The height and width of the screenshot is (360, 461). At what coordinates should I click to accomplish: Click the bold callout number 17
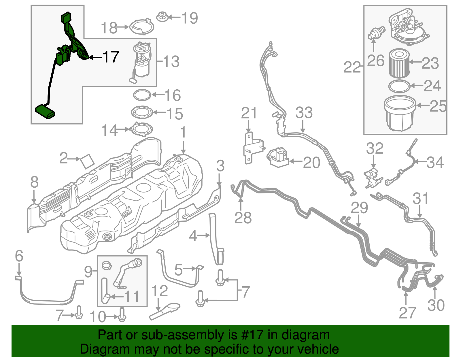click(111, 57)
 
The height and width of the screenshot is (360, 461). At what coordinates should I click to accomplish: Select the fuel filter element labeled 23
click(399, 63)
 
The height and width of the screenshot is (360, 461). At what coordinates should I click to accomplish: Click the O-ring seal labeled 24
click(399, 86)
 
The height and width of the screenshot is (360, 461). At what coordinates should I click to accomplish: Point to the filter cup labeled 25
click(400, 114)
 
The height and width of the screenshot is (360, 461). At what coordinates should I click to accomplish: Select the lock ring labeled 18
click(141, 27)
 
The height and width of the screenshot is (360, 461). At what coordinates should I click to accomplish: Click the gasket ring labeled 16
click(142, 95)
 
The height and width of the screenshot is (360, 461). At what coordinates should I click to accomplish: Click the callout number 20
click(311, 163)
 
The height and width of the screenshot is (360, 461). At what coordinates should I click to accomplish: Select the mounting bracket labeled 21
click(252, 148)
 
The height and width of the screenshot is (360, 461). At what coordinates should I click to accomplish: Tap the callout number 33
click(304, 113)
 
